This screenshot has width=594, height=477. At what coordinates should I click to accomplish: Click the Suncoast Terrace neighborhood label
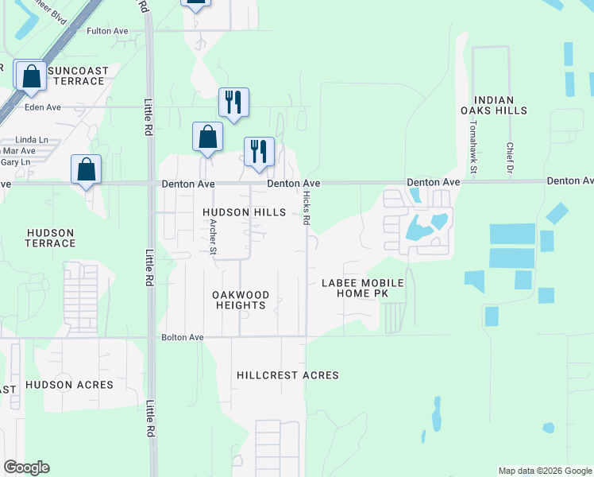click(x=76, y=76)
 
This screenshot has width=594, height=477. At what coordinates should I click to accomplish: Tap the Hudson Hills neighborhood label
click(x=244, y=212)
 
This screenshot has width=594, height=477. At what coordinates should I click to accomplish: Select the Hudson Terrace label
click(x=50, y=238)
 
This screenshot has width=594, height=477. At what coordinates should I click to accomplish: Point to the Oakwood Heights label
click(x=241, y=300)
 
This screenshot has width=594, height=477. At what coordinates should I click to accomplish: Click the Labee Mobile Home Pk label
click(x=363, y=289)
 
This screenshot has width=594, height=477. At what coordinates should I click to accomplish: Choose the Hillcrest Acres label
click(x=287, y=375)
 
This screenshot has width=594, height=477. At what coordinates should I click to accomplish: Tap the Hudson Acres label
click(x=69, y=385)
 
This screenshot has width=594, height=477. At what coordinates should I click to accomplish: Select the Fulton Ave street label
click(x=107, y=31)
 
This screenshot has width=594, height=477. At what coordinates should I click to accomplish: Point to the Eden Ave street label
click(x=43, y=107)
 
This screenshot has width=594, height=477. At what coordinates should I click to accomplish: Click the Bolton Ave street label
click(x=183, y=337)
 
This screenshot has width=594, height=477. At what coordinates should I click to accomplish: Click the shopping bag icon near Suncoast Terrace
click(x=31, y=76)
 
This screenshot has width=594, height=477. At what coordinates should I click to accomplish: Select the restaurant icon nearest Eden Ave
click(x=233, y=102)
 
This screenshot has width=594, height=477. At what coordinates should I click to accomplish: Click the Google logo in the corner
click(x=26, y=467)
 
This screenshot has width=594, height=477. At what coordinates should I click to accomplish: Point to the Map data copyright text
click(x=544, y=471)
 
